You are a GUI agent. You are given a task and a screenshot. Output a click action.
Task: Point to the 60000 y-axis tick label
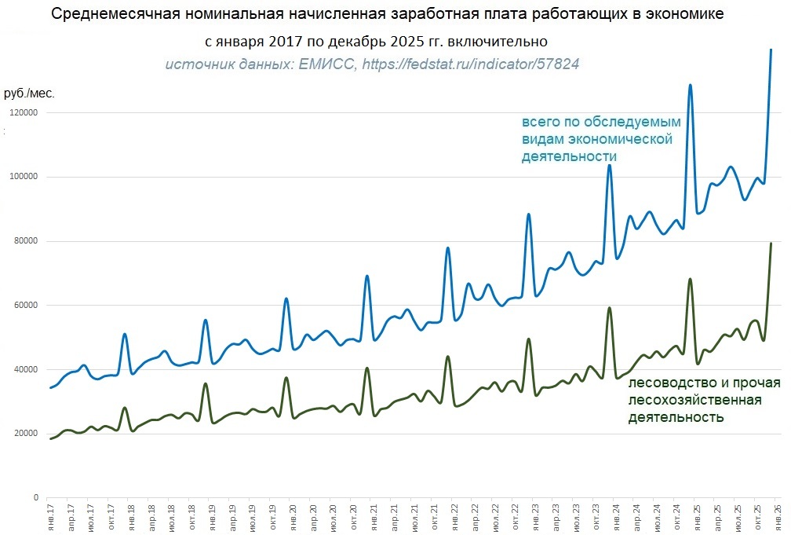click(25, 306)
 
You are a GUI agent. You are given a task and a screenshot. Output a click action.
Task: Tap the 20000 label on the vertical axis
click(25, 434)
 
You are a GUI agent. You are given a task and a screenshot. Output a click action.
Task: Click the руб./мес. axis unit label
click(29, 93)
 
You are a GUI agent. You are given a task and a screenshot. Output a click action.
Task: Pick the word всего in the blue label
click(541, 123)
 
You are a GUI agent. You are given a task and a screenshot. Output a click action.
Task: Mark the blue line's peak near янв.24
click(609, 165)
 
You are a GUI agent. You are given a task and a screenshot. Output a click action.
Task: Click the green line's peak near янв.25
click(690, 279)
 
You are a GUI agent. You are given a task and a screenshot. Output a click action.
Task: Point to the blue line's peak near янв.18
click(125, 335)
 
